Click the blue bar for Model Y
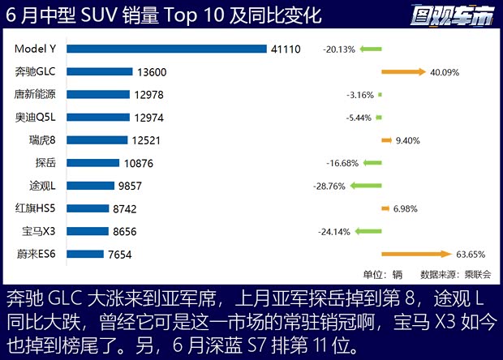tap(166, 49)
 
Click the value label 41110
tap(286, 49)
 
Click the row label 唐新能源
tap(36, 94)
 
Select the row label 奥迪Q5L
tap(37, 117)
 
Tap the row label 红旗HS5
tap(37, 208)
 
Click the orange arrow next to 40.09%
tap(403, 72)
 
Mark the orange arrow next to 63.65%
tap(415, 254)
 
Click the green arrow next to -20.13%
tap(371, 49)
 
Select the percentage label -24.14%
tap(335, 231)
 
